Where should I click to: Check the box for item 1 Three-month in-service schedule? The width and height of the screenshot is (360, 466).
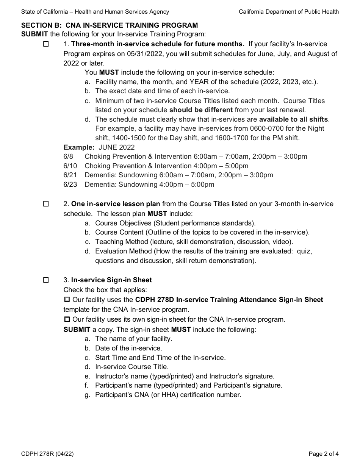(x=46, y=44)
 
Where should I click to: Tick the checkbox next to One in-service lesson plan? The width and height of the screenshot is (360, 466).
(x=46, y=204)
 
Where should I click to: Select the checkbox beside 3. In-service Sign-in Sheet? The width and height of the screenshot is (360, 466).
(x=46, y=280)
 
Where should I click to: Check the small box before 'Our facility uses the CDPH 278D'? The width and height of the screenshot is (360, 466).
(x=67, y=300)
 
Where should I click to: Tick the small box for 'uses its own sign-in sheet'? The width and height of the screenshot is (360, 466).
(x=67, y=319)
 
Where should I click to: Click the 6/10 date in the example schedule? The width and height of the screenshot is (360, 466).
(x=70, y=166)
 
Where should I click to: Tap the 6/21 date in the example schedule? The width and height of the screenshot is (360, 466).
(x=70, y=175)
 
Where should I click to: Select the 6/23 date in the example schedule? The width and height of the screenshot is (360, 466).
(x=70, y=185)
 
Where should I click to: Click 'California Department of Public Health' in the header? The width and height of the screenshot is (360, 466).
(x=289, y=12)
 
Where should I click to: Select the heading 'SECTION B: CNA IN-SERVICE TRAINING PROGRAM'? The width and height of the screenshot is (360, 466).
(x=110, y=25)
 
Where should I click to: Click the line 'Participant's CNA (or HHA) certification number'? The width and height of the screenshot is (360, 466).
(x=168, y=395)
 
